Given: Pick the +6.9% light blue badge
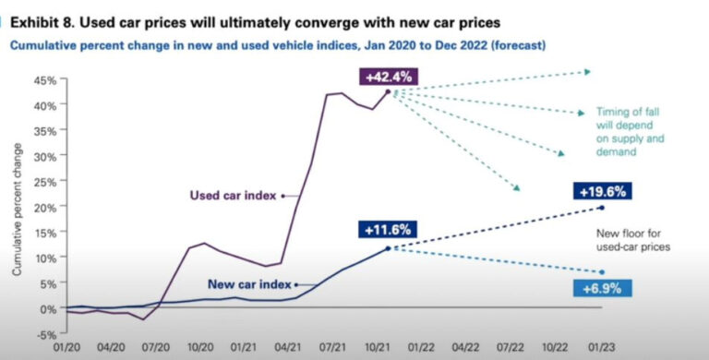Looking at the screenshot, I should [601, 289].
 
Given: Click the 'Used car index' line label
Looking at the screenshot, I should [231, 196].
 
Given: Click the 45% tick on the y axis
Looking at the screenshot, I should [43, 80].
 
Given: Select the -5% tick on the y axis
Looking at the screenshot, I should [45, 334].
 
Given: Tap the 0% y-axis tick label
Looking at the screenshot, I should [48, 308].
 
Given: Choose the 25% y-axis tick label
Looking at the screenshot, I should [43, 182].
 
